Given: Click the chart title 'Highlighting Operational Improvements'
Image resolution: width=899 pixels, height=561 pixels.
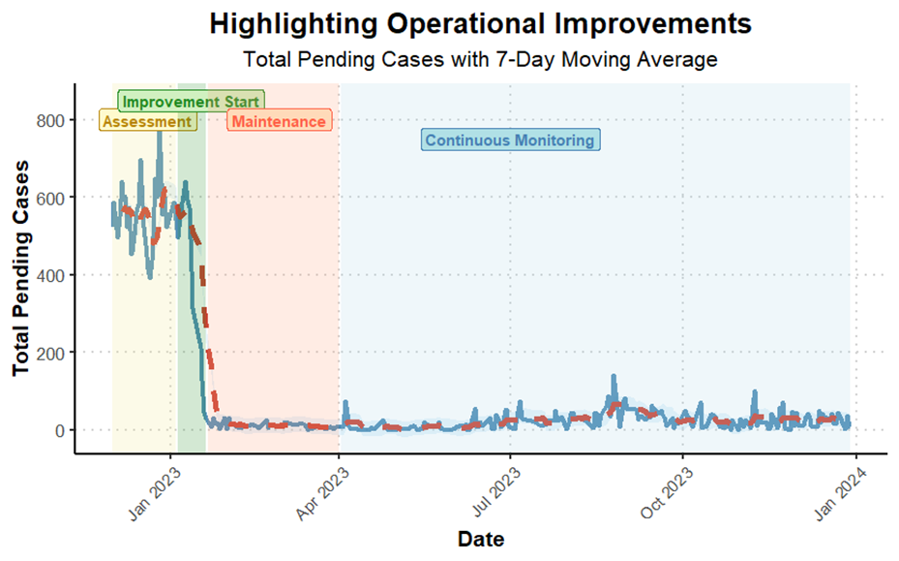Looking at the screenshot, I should tap(480, 22).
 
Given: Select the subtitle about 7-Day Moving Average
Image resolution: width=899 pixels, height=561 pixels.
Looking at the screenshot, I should tap(480, 59).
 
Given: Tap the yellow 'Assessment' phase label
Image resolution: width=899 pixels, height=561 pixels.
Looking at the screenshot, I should tap(148, 121).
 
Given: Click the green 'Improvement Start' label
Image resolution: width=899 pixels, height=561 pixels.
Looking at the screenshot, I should tap(191, 102).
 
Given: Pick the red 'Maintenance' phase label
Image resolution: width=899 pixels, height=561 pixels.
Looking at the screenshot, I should tap(279, 121).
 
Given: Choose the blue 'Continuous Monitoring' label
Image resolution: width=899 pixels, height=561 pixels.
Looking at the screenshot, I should tap(510, 140).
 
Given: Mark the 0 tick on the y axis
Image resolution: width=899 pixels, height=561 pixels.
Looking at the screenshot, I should tap(60, 430).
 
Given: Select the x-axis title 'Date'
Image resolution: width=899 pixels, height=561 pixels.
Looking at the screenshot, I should tap(480, 539).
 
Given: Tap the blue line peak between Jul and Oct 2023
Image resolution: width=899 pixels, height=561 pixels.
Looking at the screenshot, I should tap(614, 376).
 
